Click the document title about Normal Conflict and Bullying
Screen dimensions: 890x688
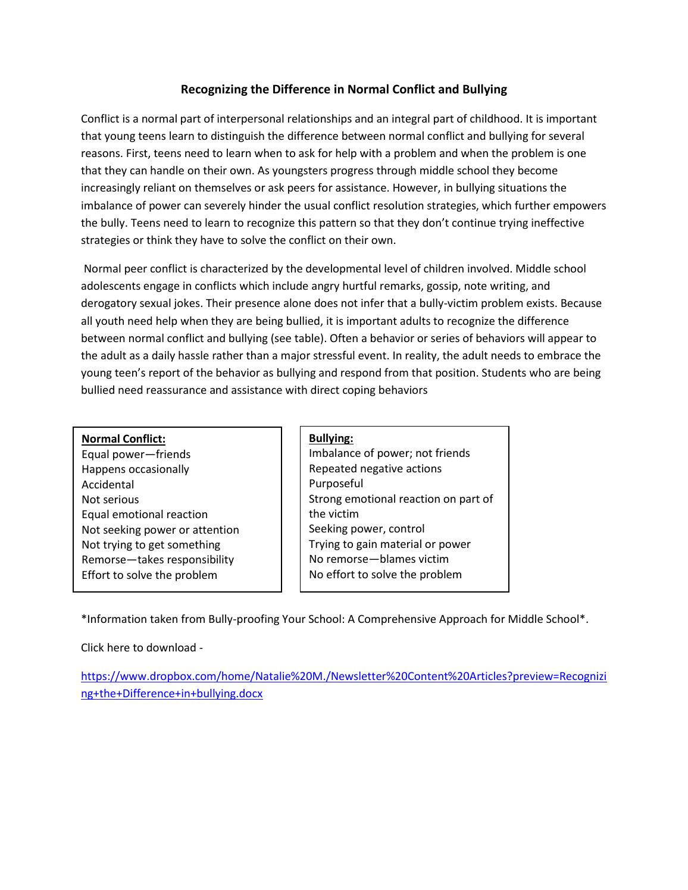[343, 89]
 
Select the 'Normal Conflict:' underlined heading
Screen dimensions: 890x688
[123, 439]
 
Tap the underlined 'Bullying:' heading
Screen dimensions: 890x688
[331, 438]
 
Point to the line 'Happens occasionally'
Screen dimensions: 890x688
[135, 469]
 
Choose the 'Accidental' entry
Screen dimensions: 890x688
[108, 485]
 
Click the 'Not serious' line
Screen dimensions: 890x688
[110, 500]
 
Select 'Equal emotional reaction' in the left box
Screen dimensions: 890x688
[145, 515]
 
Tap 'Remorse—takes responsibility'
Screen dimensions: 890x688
[158, 560]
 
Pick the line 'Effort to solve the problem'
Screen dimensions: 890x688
[149, 575]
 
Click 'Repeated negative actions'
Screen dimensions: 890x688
[375, 469]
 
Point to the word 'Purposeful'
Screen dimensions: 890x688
[336, 484]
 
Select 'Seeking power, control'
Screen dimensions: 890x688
[367, 529]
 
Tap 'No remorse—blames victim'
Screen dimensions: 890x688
[379, 559]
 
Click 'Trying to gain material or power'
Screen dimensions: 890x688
[389, 544]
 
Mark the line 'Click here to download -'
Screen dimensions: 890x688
[142, 648]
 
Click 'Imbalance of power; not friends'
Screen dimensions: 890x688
[389, 453]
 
